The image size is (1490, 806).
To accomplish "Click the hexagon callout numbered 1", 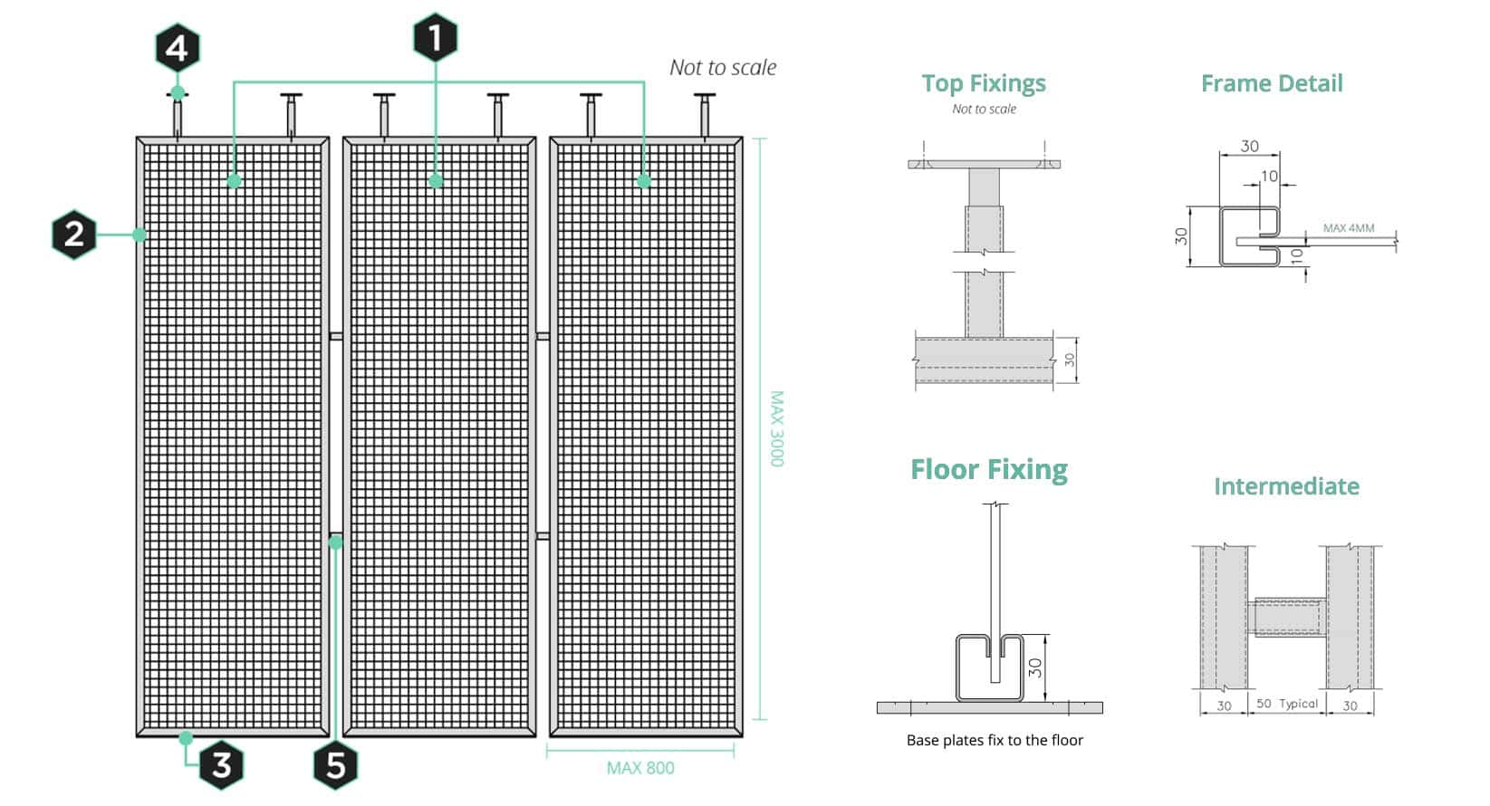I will pos(436,37).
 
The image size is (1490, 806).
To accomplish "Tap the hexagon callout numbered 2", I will pos(74,235).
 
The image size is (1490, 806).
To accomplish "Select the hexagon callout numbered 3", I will pos(221,764).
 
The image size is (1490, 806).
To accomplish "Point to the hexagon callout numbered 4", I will pos(178,48).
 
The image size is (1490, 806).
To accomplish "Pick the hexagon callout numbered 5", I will pos(336,765).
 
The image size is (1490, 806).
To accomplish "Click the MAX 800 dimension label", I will pos(640,768).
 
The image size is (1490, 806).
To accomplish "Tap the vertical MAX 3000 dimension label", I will pos(776,428).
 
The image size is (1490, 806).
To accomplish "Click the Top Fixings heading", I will pos(984,83).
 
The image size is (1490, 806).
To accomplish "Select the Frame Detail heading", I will pos(1272,83).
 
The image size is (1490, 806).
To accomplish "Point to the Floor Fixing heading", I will pos(989,469).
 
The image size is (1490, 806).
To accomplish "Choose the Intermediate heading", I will pos(1286,486).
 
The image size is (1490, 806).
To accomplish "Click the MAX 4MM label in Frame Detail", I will pos(1349,228).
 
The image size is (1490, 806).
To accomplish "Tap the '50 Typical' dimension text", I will pos(1287,704).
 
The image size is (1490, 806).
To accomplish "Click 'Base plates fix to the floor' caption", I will pos(995,740).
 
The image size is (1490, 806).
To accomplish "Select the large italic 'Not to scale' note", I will pos(723,68).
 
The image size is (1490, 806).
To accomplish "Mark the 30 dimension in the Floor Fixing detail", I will pos(1035,668).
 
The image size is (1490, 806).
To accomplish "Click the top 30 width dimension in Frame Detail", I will pos(1250,146).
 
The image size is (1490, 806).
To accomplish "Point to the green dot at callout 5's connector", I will pos(336,542).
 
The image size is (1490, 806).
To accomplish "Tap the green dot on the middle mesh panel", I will pos(437,181).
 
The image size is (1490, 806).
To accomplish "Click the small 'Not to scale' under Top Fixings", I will pos(984,109).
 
